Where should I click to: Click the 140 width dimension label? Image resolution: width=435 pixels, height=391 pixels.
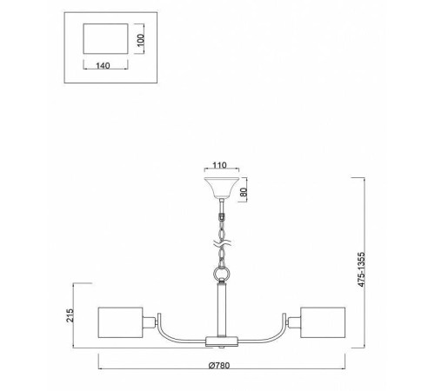tap(103, 65)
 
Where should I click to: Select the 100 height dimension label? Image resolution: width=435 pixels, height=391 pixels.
tap(140, 41)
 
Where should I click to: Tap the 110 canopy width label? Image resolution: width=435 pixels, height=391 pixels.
tap(219, 165)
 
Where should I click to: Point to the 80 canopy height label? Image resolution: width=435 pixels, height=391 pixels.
tap(244, 192)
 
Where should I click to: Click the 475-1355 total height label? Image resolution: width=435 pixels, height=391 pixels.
tap(361, 269)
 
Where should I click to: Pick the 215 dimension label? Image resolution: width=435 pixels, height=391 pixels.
tap(70, 315)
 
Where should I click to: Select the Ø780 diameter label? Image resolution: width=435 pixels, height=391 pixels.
tap(219, 366)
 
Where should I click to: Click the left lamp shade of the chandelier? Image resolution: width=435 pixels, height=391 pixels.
tap(120, 322)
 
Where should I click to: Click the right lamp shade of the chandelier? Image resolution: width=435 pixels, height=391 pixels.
tap(323, 322)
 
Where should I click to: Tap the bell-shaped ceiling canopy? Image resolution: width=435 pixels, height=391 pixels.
tap(222, 188)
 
